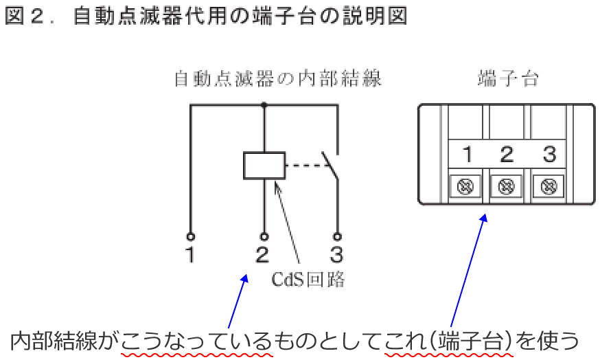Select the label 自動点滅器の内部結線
coord(277,79)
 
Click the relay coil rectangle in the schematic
coord(264,166)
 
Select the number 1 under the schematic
coord(190,256)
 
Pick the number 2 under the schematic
coord(262,256)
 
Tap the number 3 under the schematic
coord(336,256)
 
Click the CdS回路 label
coord(308,280)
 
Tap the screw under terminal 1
coord(466,185)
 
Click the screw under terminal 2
coord(507,185)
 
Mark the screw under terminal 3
coord(548,185)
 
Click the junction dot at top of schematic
coord(264,105)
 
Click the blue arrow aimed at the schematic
coord(235,302)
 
